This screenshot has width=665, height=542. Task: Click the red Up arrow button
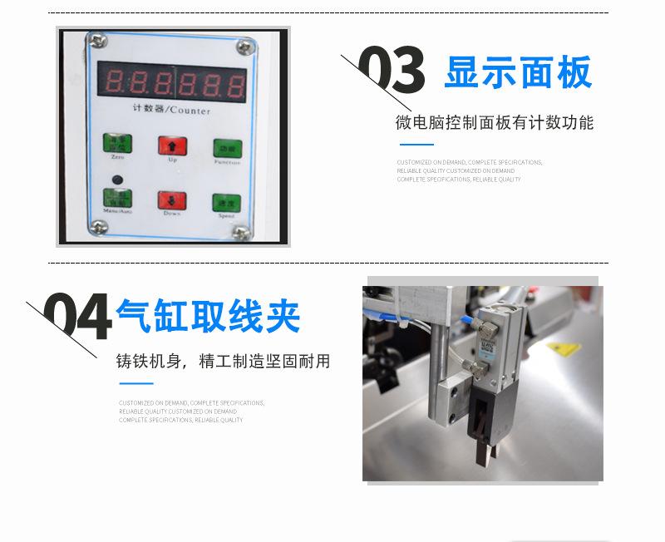click(172, 145)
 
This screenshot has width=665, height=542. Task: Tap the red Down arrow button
click(172, 200)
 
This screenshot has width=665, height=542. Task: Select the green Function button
click(226, 148)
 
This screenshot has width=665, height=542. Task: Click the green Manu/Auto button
click(117, 199)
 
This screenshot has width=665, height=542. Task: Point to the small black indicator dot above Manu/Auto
click(117, 179)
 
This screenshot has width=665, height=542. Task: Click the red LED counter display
click(172, 81)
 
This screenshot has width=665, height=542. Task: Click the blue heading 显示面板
click(518, 73)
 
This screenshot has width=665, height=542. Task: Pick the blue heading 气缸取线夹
click(208, 317)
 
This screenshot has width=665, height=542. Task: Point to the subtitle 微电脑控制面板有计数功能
click(495, 123)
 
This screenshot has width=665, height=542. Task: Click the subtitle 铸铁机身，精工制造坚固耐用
click(223, 362)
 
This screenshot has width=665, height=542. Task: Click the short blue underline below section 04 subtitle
click(136, 383)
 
